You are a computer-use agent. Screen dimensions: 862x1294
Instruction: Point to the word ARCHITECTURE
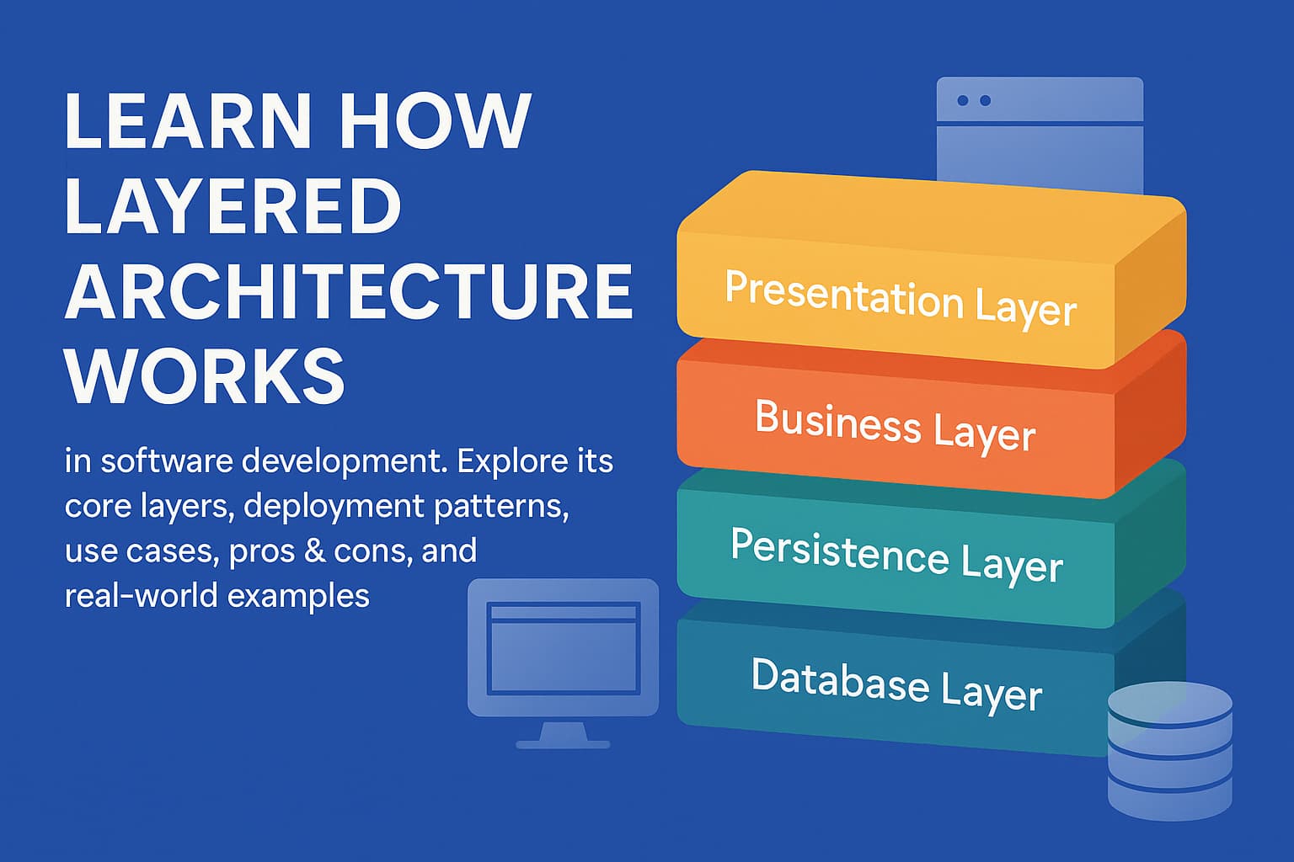pos(349,291)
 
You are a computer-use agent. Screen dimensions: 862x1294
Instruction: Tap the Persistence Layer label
pos(896,555)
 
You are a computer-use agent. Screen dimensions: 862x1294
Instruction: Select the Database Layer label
pos(896,684)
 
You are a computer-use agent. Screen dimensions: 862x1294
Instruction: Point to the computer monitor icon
pos(563,648)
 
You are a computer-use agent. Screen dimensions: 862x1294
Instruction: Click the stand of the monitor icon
pos(562,736)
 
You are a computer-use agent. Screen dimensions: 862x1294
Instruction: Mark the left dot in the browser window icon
pos(963,101)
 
